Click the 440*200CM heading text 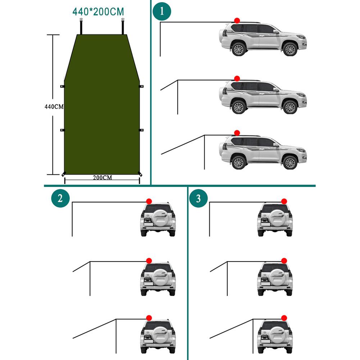(98, 12)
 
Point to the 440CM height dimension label (54, 106)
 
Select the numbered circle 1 (162, 11)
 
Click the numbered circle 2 (60, 199)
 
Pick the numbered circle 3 (198, 199)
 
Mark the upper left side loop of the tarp (62, 87)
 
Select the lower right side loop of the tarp (141, 130)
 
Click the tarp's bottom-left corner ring (64, 174)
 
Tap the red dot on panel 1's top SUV (237, 21)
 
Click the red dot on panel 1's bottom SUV (237, 133)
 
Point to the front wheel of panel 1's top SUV (290, 49)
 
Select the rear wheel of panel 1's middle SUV (238, 107)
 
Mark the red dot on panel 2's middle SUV (149, 260)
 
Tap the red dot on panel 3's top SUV (284, 201)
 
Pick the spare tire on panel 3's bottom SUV (275, 334)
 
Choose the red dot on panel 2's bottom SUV (149, 318)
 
